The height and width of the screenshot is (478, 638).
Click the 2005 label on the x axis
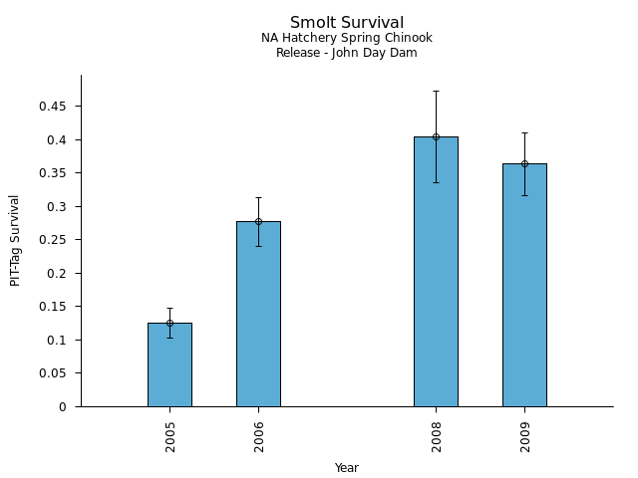tap(170, 436)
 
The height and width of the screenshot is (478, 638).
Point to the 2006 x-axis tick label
tap(259, 436)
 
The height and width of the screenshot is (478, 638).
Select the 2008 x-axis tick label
tap(437, 436)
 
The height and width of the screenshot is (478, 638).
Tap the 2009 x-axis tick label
tap(525, 436)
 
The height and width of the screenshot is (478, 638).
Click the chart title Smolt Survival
tap(347, 23)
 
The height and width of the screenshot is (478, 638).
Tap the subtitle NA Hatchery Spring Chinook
tap(347, 38)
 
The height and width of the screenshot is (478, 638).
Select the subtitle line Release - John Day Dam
tap(347, 53)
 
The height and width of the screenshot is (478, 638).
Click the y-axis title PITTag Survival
tap(15, 240)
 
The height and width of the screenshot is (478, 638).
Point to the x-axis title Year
tap(347, 468)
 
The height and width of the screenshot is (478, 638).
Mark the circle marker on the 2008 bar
tap(436, 136)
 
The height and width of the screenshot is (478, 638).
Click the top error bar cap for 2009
tap(524, 132)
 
